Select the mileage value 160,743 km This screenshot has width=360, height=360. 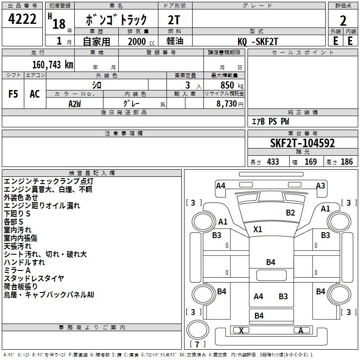(x=53, y=64)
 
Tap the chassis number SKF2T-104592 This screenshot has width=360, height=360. (x=302, y=143)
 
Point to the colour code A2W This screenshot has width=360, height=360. (x=74, y=103)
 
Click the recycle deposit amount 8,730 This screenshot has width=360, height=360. (x=229, y=104)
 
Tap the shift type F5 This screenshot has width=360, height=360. (x=13, y=94)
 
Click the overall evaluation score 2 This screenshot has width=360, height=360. (x=343, y=21)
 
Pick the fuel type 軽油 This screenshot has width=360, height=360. (x=175, y=41)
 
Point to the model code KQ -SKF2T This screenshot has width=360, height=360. (x=259, y=41)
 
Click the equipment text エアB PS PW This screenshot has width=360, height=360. (x=270, y=122)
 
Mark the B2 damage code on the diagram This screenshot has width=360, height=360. (x=290, y=213)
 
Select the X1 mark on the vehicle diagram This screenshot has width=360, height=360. (x=257, y=229)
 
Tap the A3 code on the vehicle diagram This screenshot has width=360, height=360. (x=320, y=185)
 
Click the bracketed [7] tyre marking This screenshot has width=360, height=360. (x=198, y=345)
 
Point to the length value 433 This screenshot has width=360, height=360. (x=272, y=162)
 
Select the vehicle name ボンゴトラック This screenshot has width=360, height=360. (x=117, y=20)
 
